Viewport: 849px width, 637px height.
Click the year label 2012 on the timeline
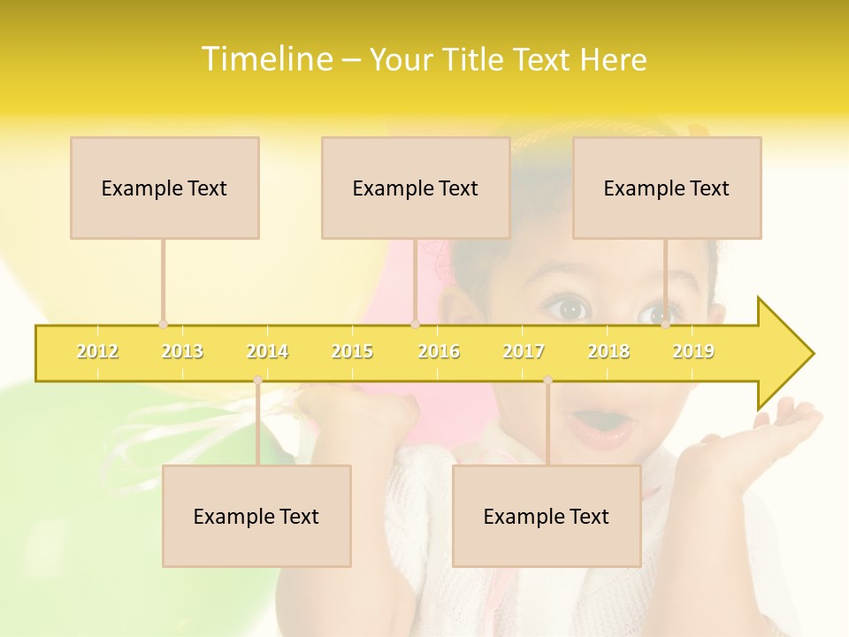(97, 351)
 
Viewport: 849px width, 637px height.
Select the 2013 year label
(182, 351)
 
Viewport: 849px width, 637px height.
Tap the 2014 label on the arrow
(267, 351)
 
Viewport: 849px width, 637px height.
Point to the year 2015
(352, 351)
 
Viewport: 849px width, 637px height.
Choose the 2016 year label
(439, 351)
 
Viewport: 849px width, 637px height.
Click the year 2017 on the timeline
(524, 351)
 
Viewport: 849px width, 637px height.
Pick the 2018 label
(608, 351)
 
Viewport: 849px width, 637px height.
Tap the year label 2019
(693, 351)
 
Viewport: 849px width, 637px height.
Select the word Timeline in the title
(265, 59)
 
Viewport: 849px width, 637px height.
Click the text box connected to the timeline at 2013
(164, 188)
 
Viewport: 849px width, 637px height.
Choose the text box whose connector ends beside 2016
(416, 188)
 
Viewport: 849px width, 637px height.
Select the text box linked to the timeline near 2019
(667, 188)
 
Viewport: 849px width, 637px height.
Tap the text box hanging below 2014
(256, 516)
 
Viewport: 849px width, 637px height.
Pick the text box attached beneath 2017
(547, 516)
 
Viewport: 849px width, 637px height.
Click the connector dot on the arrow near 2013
(163, 325)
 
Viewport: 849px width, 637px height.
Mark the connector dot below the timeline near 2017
(547, 380)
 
